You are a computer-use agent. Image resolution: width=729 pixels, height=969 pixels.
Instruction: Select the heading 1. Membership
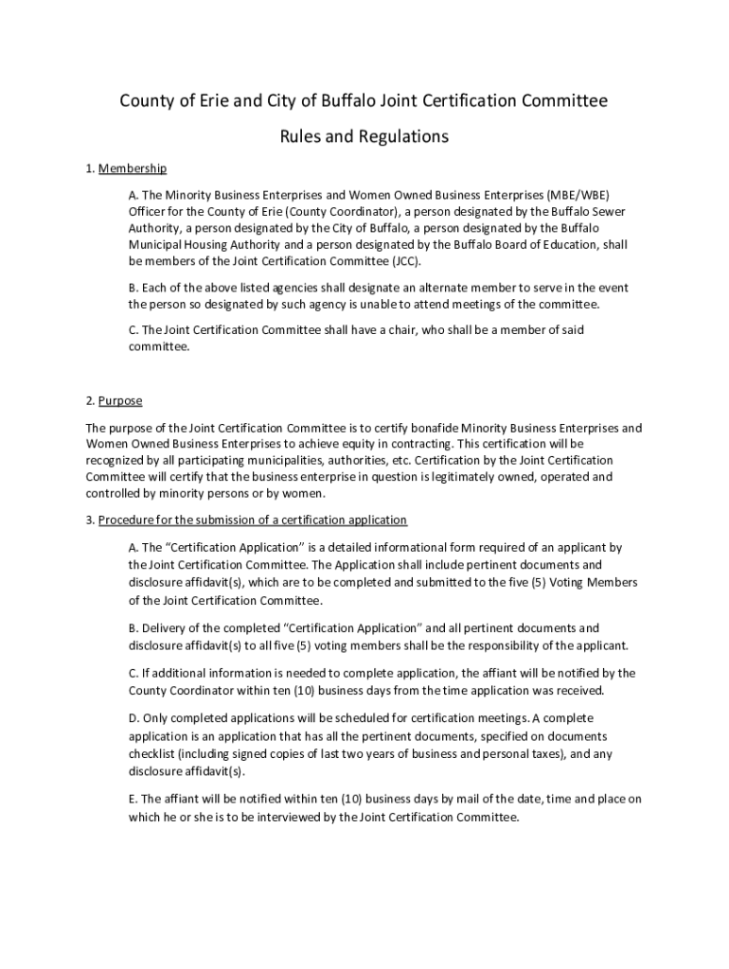click(126, 168)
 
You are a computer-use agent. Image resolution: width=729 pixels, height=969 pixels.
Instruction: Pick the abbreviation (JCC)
click(400, 261)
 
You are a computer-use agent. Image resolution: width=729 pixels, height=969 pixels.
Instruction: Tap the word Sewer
click(606, 211)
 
